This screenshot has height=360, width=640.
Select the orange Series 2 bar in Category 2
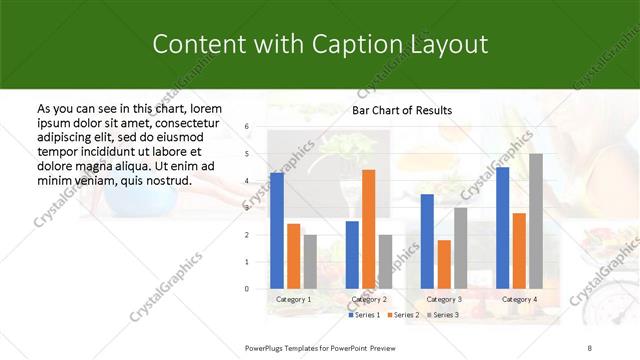[368, 229]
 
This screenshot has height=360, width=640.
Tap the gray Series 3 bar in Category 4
[536, 221]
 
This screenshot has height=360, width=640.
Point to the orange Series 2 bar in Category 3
[444, 264]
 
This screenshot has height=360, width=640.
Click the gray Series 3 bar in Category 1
[310, 261]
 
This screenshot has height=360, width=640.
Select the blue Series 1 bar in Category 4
[502, 227]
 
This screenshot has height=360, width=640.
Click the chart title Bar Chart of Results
[402, 110]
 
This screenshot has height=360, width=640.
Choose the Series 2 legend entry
[403, 315]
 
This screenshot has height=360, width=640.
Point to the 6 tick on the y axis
[247, 127]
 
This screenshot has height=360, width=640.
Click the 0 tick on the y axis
[247, 289]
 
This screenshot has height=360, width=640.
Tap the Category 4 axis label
[519, 299]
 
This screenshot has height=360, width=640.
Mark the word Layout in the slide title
[448, 44]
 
